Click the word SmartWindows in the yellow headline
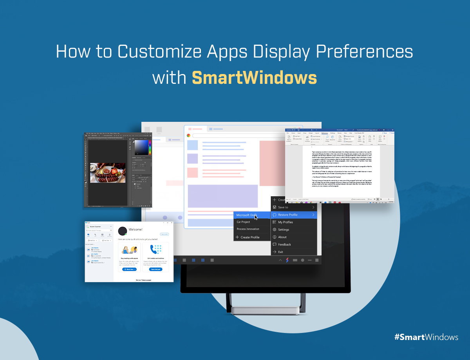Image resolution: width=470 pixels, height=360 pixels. (254, 78)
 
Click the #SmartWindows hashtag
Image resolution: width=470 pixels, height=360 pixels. (426, 337)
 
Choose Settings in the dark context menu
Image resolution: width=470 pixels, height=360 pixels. (284, 230)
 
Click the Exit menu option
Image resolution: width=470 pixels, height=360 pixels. (280, 252)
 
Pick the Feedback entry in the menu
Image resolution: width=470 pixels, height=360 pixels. (284, 244)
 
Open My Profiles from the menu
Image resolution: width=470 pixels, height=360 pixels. (286, 222)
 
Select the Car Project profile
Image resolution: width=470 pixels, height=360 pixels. (243, 222)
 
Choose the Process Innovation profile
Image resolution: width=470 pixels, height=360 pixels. (248, 229)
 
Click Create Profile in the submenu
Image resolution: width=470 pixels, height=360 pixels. (249, 237)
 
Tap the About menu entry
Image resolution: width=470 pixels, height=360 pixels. (282, 237)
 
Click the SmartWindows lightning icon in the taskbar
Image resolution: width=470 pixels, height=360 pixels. (287, 260)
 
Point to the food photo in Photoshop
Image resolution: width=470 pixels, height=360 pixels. (108, 173)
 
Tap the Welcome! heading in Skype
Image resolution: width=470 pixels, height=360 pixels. (136, 230)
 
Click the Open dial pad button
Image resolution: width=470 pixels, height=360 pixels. (155, 269)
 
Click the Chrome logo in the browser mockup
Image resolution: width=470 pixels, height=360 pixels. (188, 135)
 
